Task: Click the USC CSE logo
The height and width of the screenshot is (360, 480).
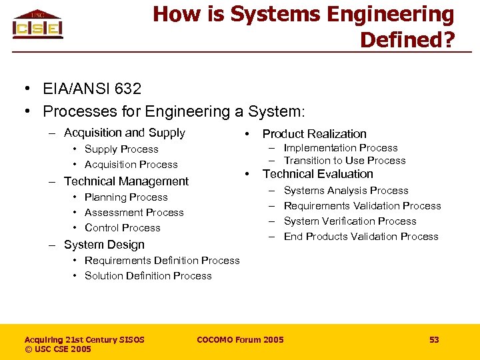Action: (x=37, y=25)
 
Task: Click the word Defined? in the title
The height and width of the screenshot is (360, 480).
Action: (x=407, y=40)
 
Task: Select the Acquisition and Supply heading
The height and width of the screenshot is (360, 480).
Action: (x=124, y=133)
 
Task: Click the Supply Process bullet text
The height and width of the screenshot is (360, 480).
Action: (x=121, y=149)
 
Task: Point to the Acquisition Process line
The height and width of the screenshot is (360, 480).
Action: (x=131, y=165)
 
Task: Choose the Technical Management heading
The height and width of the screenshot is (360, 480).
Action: (x=126, y=181)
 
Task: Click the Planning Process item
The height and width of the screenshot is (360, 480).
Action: (x=126, y=197)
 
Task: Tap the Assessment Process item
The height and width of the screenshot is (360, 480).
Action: (x=134, y=213)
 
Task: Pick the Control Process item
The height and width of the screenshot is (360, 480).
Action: (x=123, y=228)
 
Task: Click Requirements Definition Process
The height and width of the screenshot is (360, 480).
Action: (x=162, y=261)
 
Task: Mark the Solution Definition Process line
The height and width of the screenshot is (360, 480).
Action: (x=148, y=276)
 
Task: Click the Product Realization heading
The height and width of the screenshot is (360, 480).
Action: (x=315, y=134)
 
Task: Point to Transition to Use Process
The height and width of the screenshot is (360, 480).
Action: (x=345, y=161)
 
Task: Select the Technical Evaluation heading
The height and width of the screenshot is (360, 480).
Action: (x=318, y=174)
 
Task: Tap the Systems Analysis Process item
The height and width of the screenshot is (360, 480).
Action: (x=346, y=191)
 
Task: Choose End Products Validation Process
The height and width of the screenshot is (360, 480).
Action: (x=361, y=237)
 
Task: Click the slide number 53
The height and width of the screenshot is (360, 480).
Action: (x=434, y=340)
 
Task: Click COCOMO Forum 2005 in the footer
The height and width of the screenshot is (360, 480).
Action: (x=240, y=340)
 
